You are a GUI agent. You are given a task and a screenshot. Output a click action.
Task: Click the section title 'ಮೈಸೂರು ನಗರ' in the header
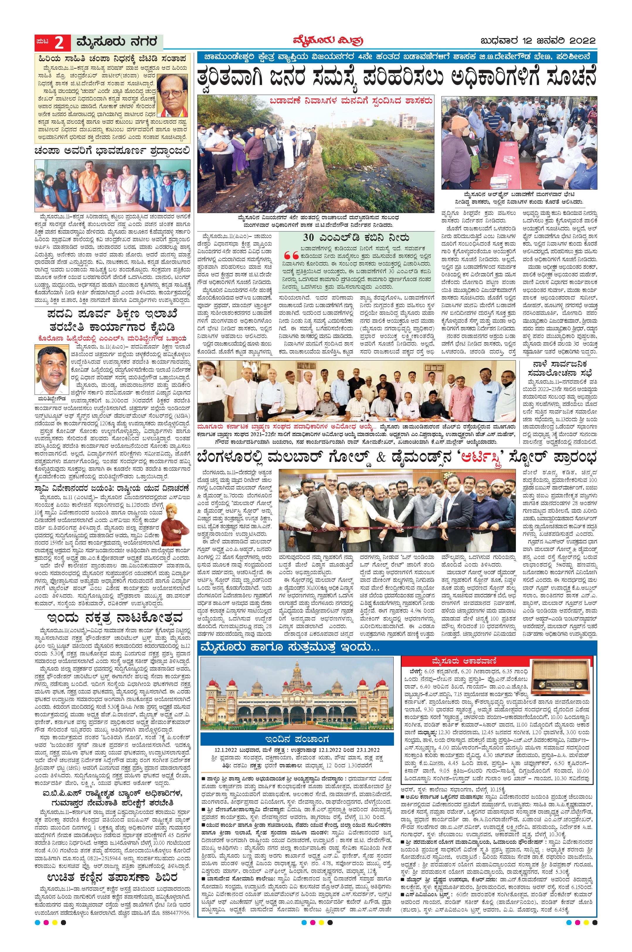tap(116, 42)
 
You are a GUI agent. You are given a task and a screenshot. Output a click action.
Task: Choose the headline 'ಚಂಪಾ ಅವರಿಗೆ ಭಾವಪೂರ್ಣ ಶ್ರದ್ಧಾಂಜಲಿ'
tap(112, 152)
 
